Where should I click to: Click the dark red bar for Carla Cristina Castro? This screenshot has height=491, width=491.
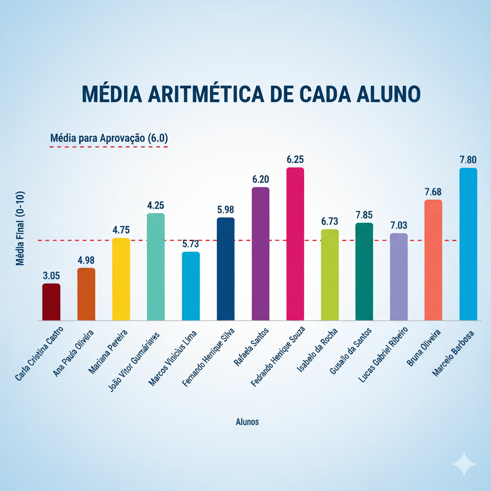pos(51,302)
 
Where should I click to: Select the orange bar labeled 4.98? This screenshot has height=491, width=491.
pos(86,294)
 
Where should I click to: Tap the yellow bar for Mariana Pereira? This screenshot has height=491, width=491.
pos(121,279)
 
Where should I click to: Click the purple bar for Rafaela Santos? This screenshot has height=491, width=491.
pos(260,254)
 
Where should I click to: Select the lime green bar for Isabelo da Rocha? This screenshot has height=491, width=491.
pos(330,275)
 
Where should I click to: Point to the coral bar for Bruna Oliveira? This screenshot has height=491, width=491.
pos(433,260)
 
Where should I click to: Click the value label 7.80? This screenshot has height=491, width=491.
pos(468,160)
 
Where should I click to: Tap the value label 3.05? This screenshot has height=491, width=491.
pos(51,276)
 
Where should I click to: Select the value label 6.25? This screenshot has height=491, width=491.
pos(295,159)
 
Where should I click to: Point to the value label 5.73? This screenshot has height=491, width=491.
pos(190,244)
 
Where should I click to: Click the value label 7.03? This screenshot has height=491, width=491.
pos(398,225)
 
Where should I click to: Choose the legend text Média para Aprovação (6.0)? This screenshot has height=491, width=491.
pos(108,138)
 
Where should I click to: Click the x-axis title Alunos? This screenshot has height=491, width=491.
pos(247,422)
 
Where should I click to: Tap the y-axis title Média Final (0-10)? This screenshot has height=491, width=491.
pos(20,228)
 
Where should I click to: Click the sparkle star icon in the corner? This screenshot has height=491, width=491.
pos(464,464)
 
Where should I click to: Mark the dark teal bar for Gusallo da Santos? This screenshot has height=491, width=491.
pos(364,271)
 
